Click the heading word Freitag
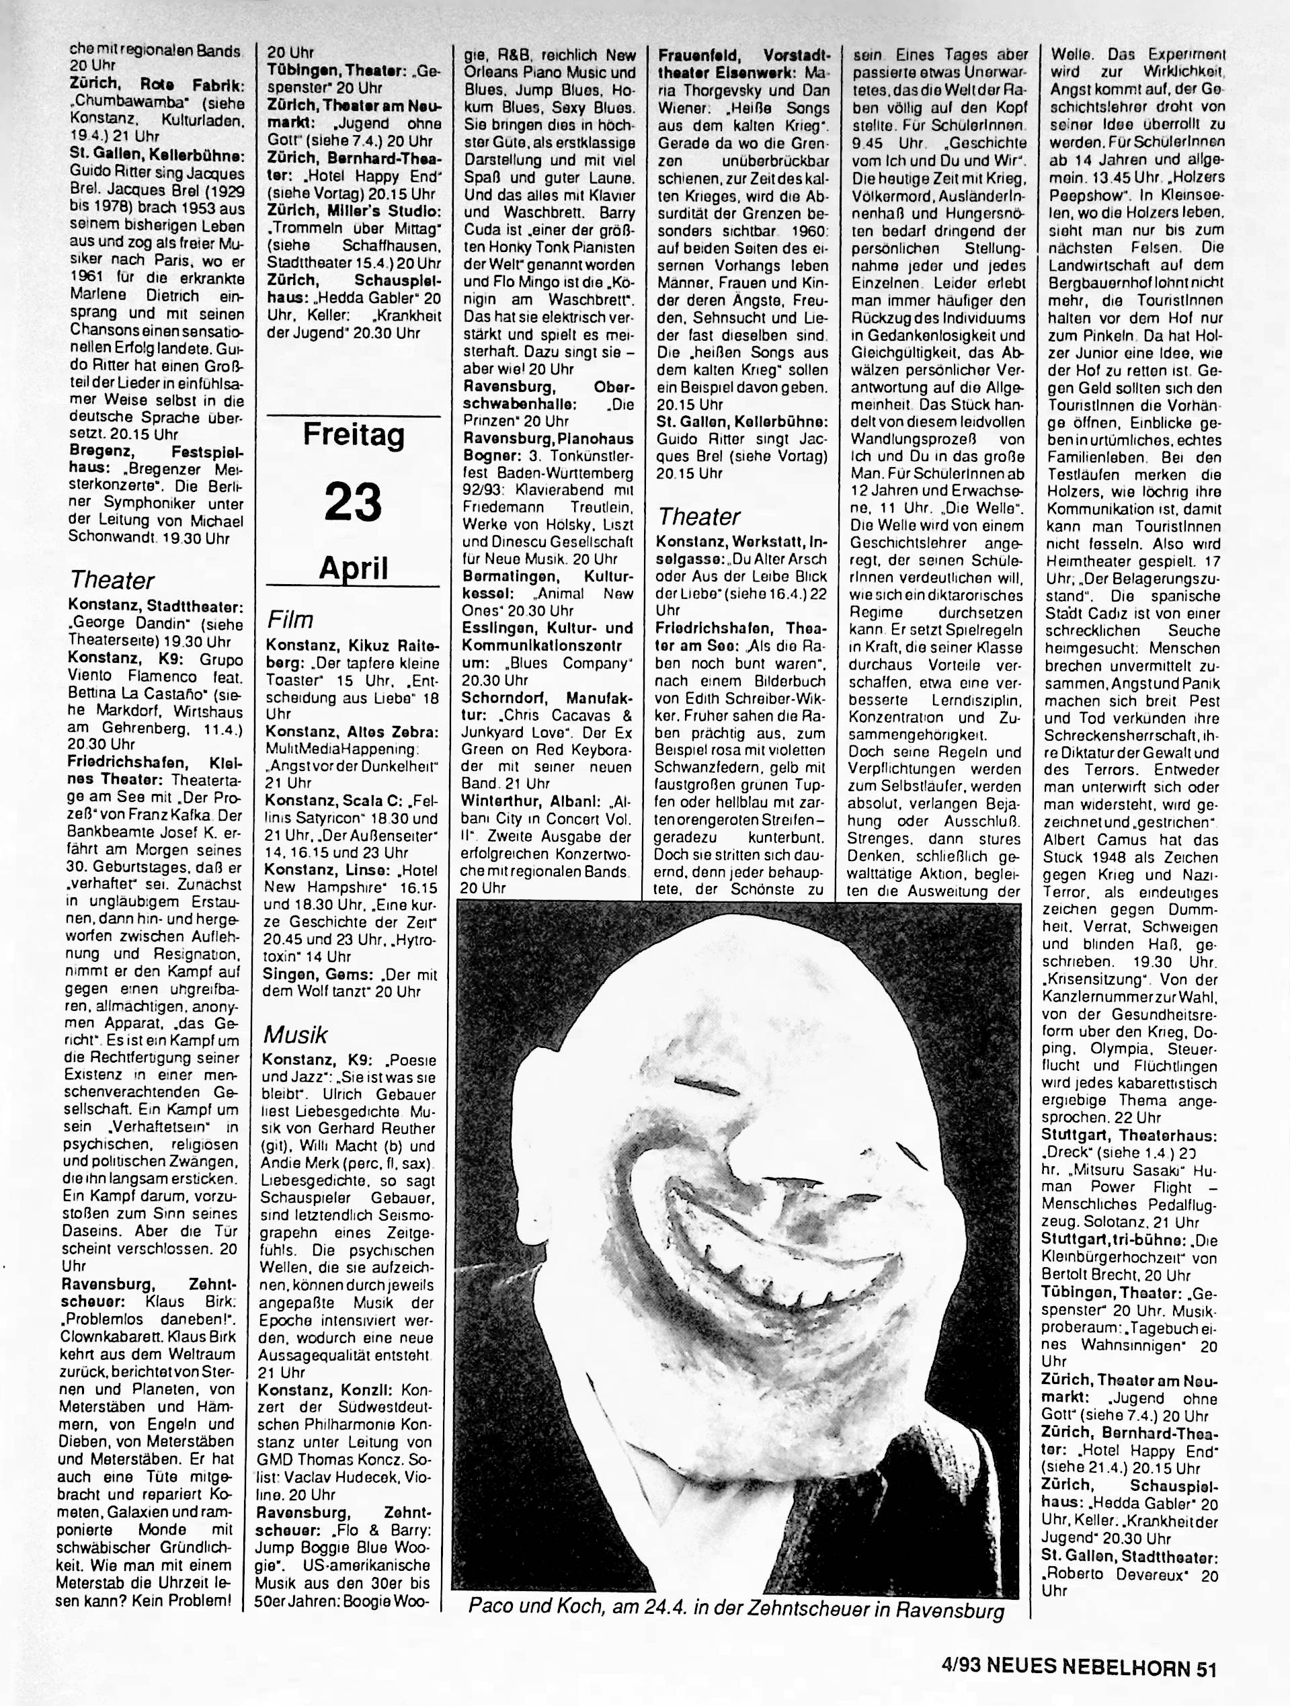353,435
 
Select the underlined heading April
353,569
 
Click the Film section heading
290,619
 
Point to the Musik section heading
295,1034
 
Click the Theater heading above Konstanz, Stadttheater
112,580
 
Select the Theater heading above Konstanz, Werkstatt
698,516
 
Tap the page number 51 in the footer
1206,1664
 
